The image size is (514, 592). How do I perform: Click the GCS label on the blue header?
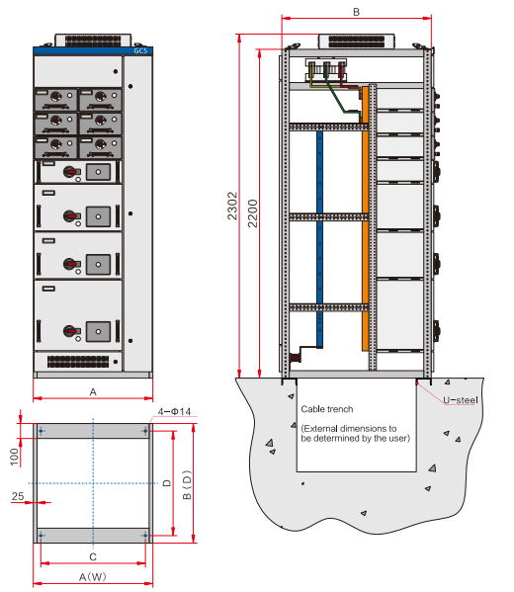point(140,50)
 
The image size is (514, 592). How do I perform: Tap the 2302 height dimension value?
point(232,206)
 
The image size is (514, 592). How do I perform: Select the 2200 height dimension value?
point(252,213)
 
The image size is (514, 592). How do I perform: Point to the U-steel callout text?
point(460,400)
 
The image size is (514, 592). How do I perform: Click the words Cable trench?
point(326,409)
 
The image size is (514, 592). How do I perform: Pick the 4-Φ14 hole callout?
point(174,411)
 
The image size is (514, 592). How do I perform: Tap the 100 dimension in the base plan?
point(15,457)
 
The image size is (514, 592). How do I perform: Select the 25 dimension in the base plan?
point(18,496)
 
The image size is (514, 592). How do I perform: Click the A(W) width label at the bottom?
point(93,577)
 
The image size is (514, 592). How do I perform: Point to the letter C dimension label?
point(93,556)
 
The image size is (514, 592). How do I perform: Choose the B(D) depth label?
point(187,485)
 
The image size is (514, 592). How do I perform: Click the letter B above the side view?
point(356,12)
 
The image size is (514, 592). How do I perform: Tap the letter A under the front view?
point(93,392)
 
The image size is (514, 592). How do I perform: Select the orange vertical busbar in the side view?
point(365,218)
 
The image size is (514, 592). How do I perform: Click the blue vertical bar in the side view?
point(319,239)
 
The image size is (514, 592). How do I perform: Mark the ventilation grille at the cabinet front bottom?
point(78,362)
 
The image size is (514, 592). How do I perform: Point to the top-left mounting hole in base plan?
point(41,431)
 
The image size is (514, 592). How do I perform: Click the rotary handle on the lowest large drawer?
point(70,331)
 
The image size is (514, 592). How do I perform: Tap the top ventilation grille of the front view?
point(93,41)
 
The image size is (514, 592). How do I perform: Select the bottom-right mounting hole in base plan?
point(145,536)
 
